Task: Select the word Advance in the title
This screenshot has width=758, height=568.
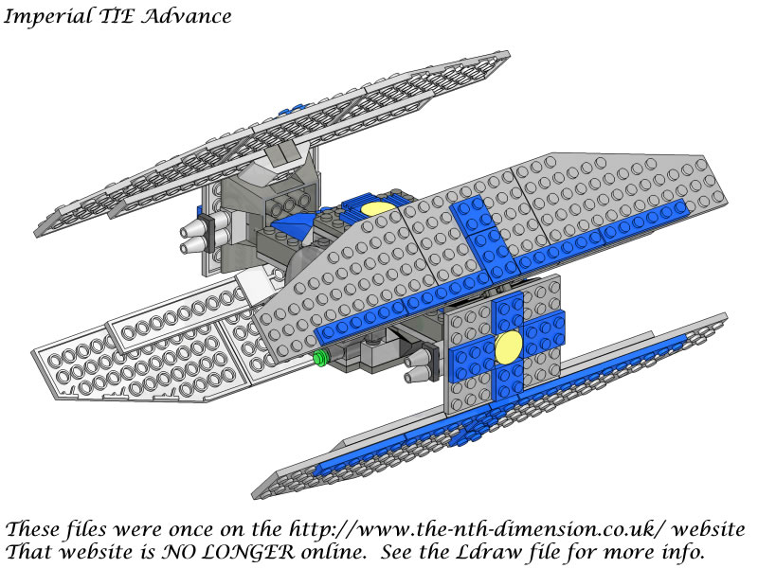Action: pyautogui.click(x=187, y=16)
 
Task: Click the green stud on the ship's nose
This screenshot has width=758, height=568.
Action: pyautogui.click(x=319, y=358)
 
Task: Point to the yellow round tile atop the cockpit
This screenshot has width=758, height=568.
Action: pyautogui.click(x=378, y=208)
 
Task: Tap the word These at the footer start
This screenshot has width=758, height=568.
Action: pyautogui.click(x=32, y=528)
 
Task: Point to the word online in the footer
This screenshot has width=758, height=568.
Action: pyautogui.click(x=334, y=551)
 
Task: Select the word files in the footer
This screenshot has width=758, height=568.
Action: pyautogui.click(x=86, y=528)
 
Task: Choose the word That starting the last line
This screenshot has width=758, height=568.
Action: pyautogui.click(x=29, y=551)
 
